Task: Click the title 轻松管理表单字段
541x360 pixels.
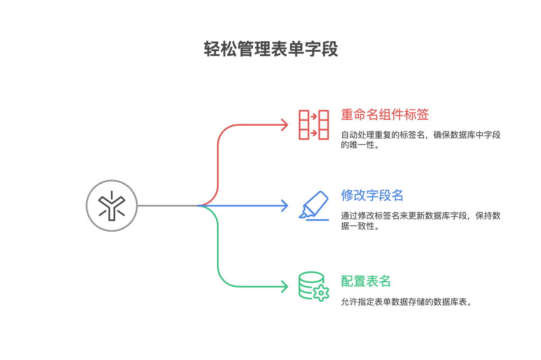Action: [270, 49]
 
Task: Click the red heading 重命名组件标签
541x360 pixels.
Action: [385, 115]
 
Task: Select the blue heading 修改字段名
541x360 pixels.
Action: [372, 195]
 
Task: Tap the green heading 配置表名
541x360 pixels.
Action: [366, 281]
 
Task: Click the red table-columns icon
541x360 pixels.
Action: [314, 124]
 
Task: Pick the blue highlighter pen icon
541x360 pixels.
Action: [314, 205]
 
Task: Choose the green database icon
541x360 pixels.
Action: [311, 285]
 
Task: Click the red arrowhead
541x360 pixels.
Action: [284, 125]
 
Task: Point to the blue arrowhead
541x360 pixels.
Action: [284, 206]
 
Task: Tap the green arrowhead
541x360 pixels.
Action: [284, 286]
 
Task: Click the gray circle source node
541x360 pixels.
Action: [112, 206]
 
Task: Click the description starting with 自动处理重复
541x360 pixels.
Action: [420, 140]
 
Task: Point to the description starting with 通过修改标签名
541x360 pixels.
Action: [420, 221]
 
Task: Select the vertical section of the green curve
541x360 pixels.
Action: [218, 246]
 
